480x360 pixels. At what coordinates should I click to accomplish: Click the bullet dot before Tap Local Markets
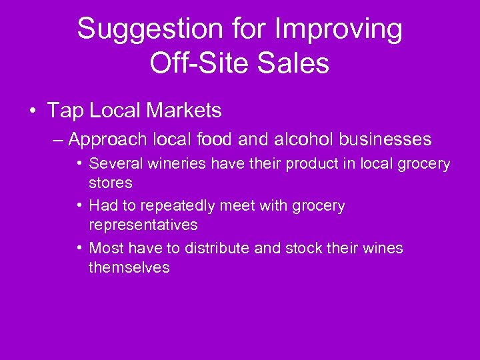click(x=33, y=111)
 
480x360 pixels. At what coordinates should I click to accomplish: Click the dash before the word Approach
click(x=57, y=139)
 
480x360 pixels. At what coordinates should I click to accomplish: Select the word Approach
click(x=108, y=139)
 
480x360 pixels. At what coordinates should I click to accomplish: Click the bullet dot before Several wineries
click(x=79, y=163)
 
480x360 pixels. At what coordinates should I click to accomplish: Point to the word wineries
click(x=164, y=163)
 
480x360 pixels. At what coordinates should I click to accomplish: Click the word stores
click(x=111, y=182)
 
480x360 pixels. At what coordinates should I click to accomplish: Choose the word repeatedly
click(x=183, y=206)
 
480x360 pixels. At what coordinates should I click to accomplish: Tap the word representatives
click(x=143, y=225)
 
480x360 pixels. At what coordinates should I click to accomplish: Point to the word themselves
click(x=129, y=267)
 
